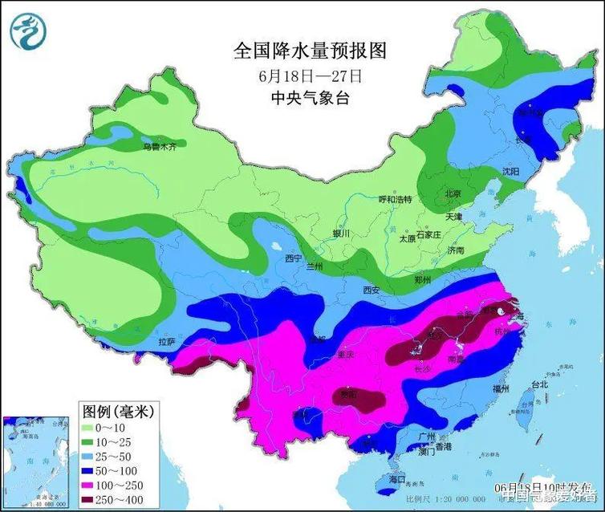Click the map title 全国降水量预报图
310,51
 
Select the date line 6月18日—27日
311,76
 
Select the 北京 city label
453,194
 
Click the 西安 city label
370,290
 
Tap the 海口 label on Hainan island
396,479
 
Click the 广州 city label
427,436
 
